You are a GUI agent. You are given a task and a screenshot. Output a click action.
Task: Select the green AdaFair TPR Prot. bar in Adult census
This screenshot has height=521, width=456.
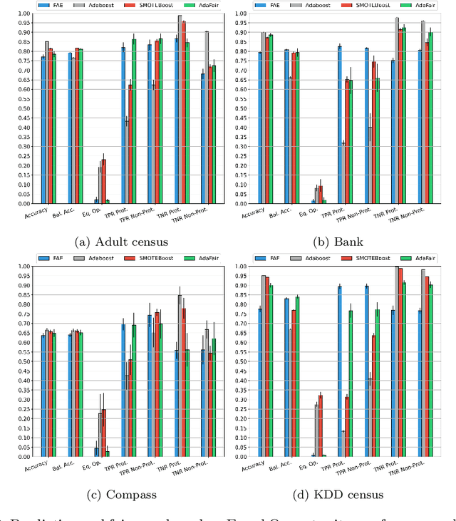click(x=134, y=122)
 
